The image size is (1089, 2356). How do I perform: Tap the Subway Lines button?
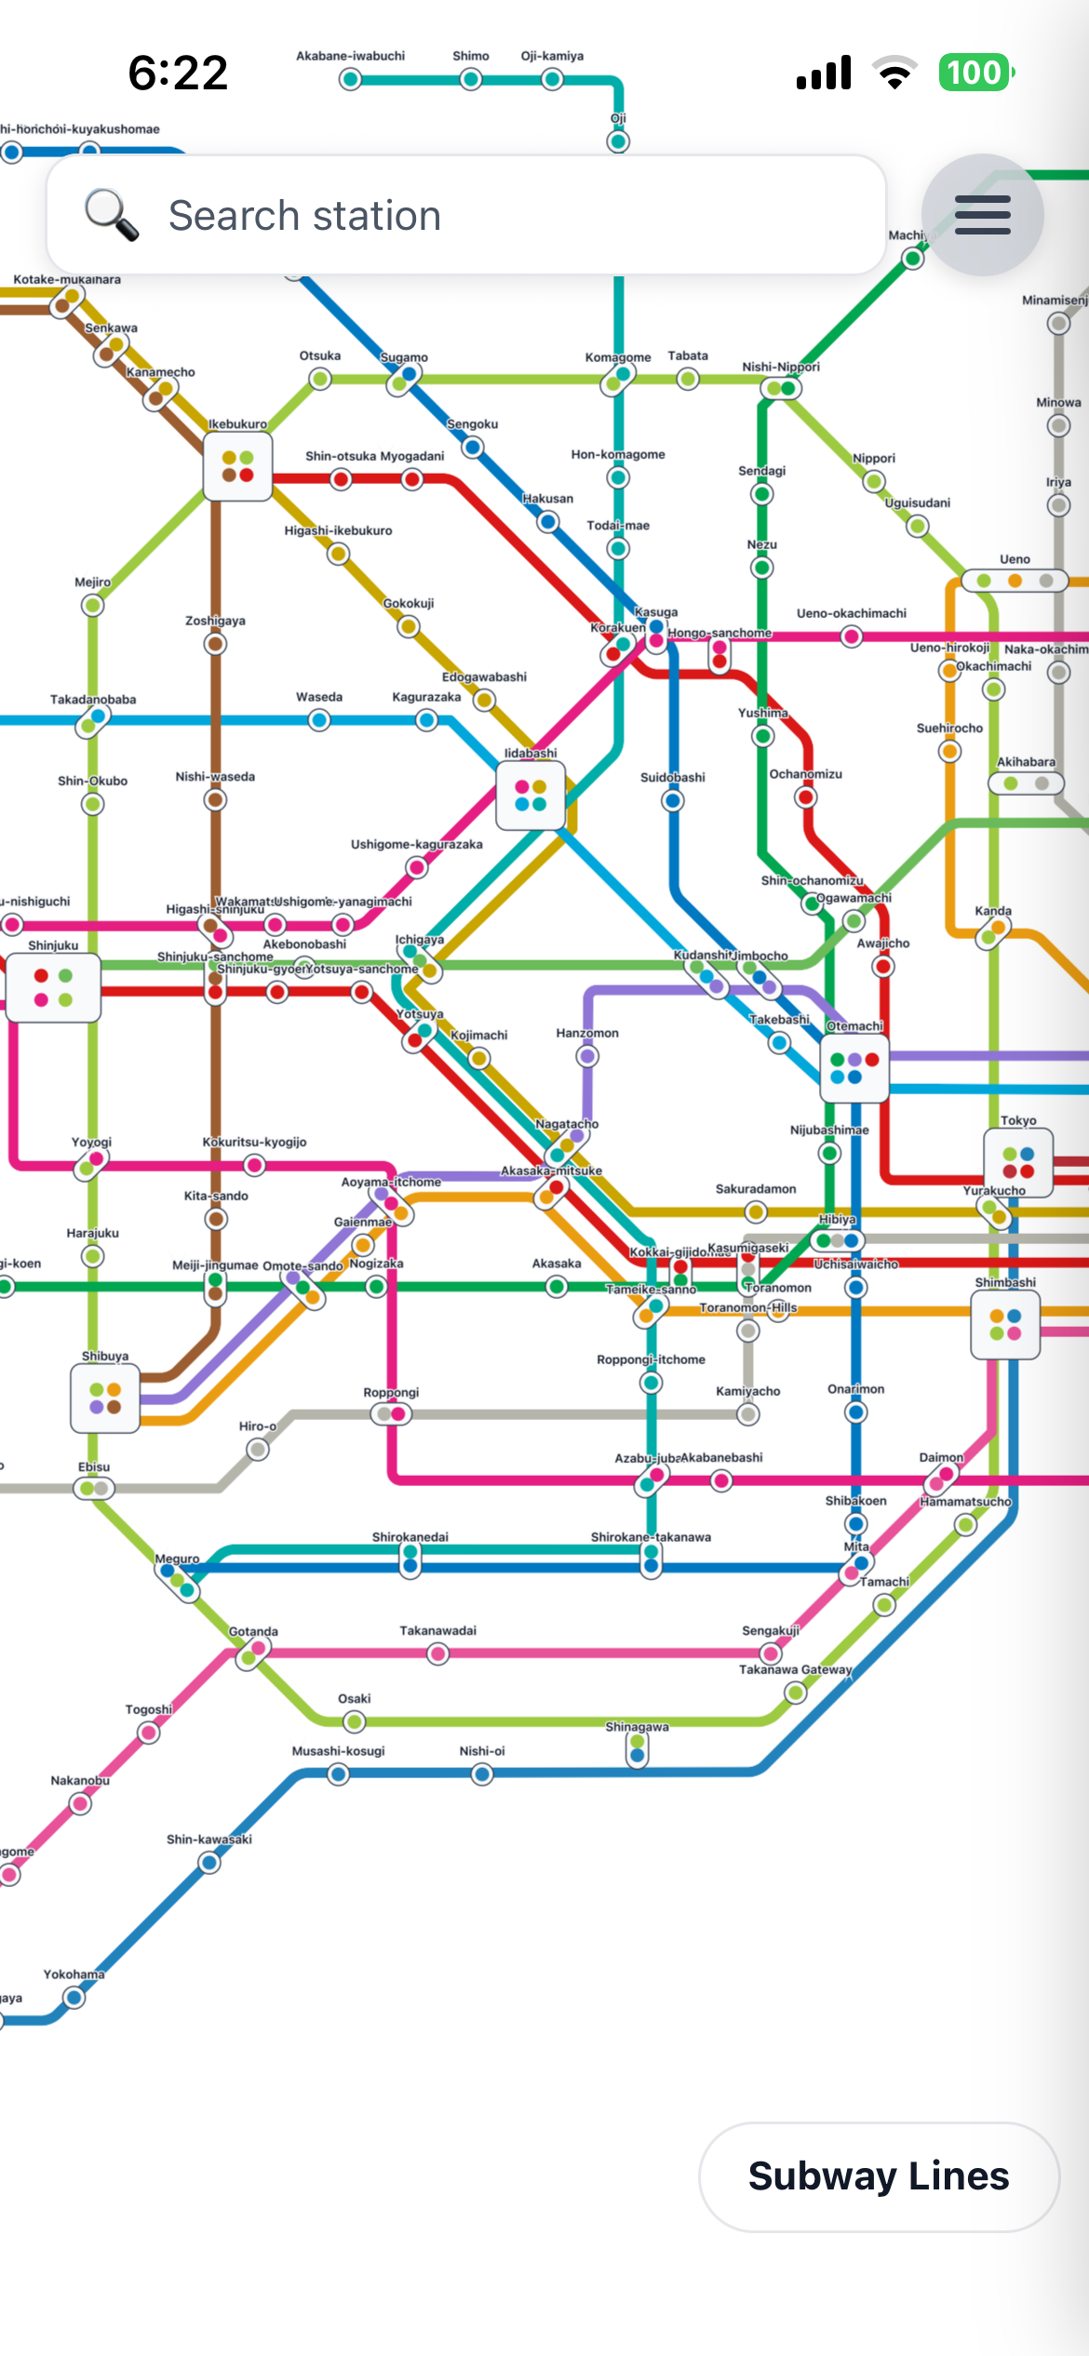(879, 2176)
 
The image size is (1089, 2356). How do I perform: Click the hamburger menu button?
(982, 215)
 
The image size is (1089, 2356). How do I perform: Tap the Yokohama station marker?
(74, 1997)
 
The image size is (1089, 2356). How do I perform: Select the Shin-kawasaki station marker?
(209, 1862)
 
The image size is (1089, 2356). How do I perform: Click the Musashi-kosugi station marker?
(339, 1774)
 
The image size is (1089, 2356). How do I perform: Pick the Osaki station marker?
(354, 1721)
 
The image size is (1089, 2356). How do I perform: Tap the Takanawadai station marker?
(437, 1653)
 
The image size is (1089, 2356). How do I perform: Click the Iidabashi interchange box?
(531, 796)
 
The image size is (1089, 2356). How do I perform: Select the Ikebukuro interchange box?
(237, 466)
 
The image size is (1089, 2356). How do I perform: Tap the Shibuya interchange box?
(105, 1398)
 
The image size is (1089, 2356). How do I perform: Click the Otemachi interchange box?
(854, 1068)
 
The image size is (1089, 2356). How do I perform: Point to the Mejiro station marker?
(92, 606)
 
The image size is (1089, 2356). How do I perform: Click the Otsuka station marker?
(320, 379)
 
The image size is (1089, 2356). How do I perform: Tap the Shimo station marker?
(471, 80)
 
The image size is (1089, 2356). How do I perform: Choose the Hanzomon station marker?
(587, 1056)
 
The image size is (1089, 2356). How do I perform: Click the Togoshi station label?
(149, 1709)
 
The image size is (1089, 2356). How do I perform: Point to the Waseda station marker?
(319, 719)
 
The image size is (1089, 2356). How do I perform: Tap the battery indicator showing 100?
(975, 73)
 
